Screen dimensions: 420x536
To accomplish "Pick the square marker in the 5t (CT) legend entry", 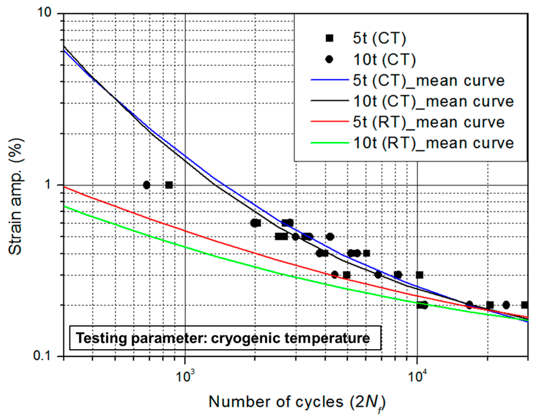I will (329, 38).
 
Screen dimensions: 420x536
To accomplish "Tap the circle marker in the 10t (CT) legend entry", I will (329, 59).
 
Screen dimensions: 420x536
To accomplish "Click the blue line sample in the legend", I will (329, 80).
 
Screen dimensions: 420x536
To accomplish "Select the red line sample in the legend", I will (329, 121).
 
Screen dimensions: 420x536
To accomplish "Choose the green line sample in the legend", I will (329, 143).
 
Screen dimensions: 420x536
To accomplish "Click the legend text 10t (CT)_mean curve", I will (433, 101).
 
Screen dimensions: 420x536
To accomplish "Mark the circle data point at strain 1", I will (147, 185).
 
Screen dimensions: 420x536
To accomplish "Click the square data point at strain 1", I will (169, 185).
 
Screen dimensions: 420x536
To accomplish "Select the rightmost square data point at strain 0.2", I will (524, 305).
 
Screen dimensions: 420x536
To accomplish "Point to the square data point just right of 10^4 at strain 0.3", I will (419, 275).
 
